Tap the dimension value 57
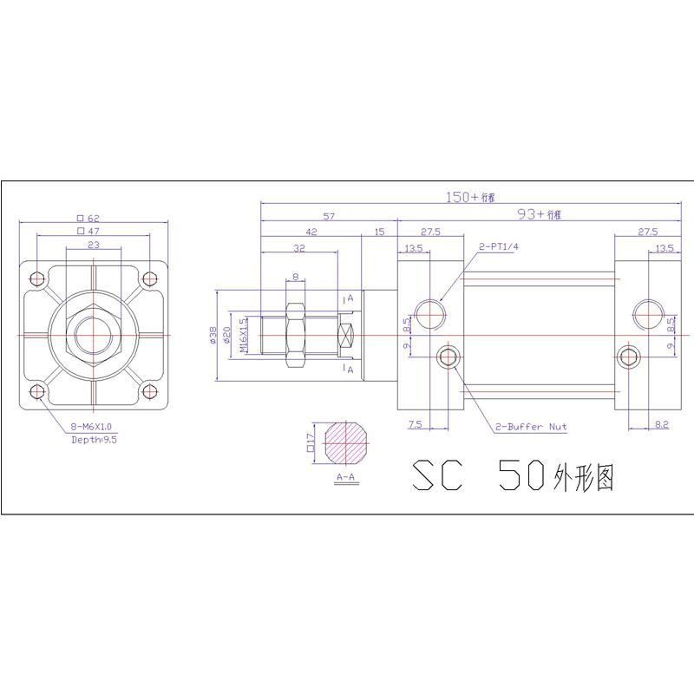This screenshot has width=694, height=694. [x=329, y=217]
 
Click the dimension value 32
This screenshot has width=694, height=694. [x=299, y=247]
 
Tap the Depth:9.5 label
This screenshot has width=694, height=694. [x=95, y=440]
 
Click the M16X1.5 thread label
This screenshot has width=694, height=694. [x=244, y=334]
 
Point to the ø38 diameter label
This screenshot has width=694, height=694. [x=213, y=335]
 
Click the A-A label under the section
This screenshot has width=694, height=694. [x=345, y=476]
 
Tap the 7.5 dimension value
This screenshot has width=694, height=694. [x=414, y=425]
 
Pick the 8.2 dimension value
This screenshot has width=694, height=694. [x=660, y=425]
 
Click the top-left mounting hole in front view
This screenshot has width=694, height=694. [x=36, y=278]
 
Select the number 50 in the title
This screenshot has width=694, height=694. [x=523, y=475]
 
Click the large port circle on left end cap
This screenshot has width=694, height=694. [x=431, y=311]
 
